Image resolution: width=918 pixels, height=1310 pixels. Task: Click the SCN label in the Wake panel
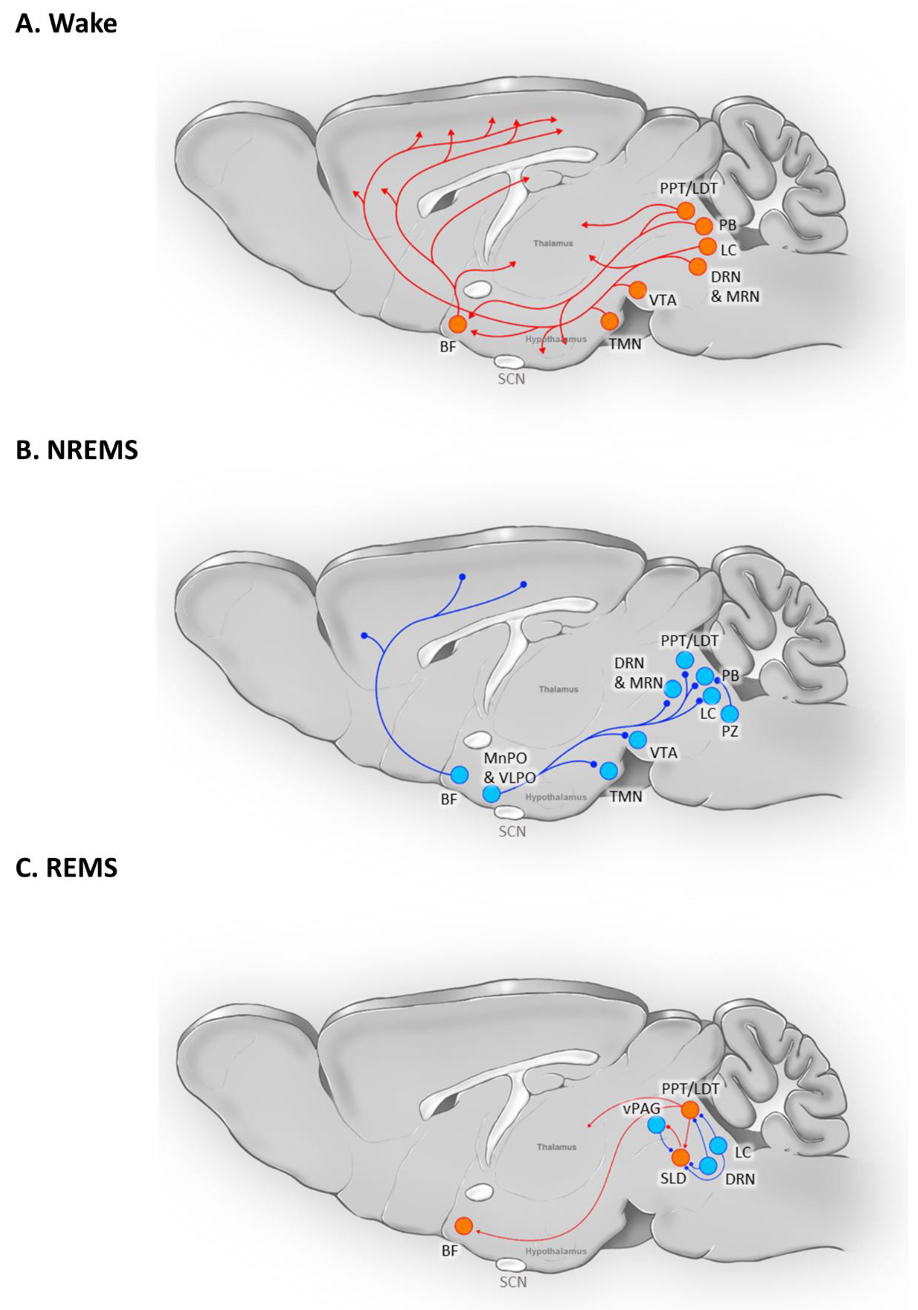tap(511, 379)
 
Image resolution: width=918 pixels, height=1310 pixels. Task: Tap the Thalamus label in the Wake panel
tap(553, 243)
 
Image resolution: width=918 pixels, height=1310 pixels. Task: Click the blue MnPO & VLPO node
tap(491, 793)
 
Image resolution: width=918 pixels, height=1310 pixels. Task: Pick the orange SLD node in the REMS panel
tap(680, 1157)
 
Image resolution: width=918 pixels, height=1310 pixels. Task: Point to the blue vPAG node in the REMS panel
tap(657, 1124)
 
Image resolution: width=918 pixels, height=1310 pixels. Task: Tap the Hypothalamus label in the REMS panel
tap(556, 1251)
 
